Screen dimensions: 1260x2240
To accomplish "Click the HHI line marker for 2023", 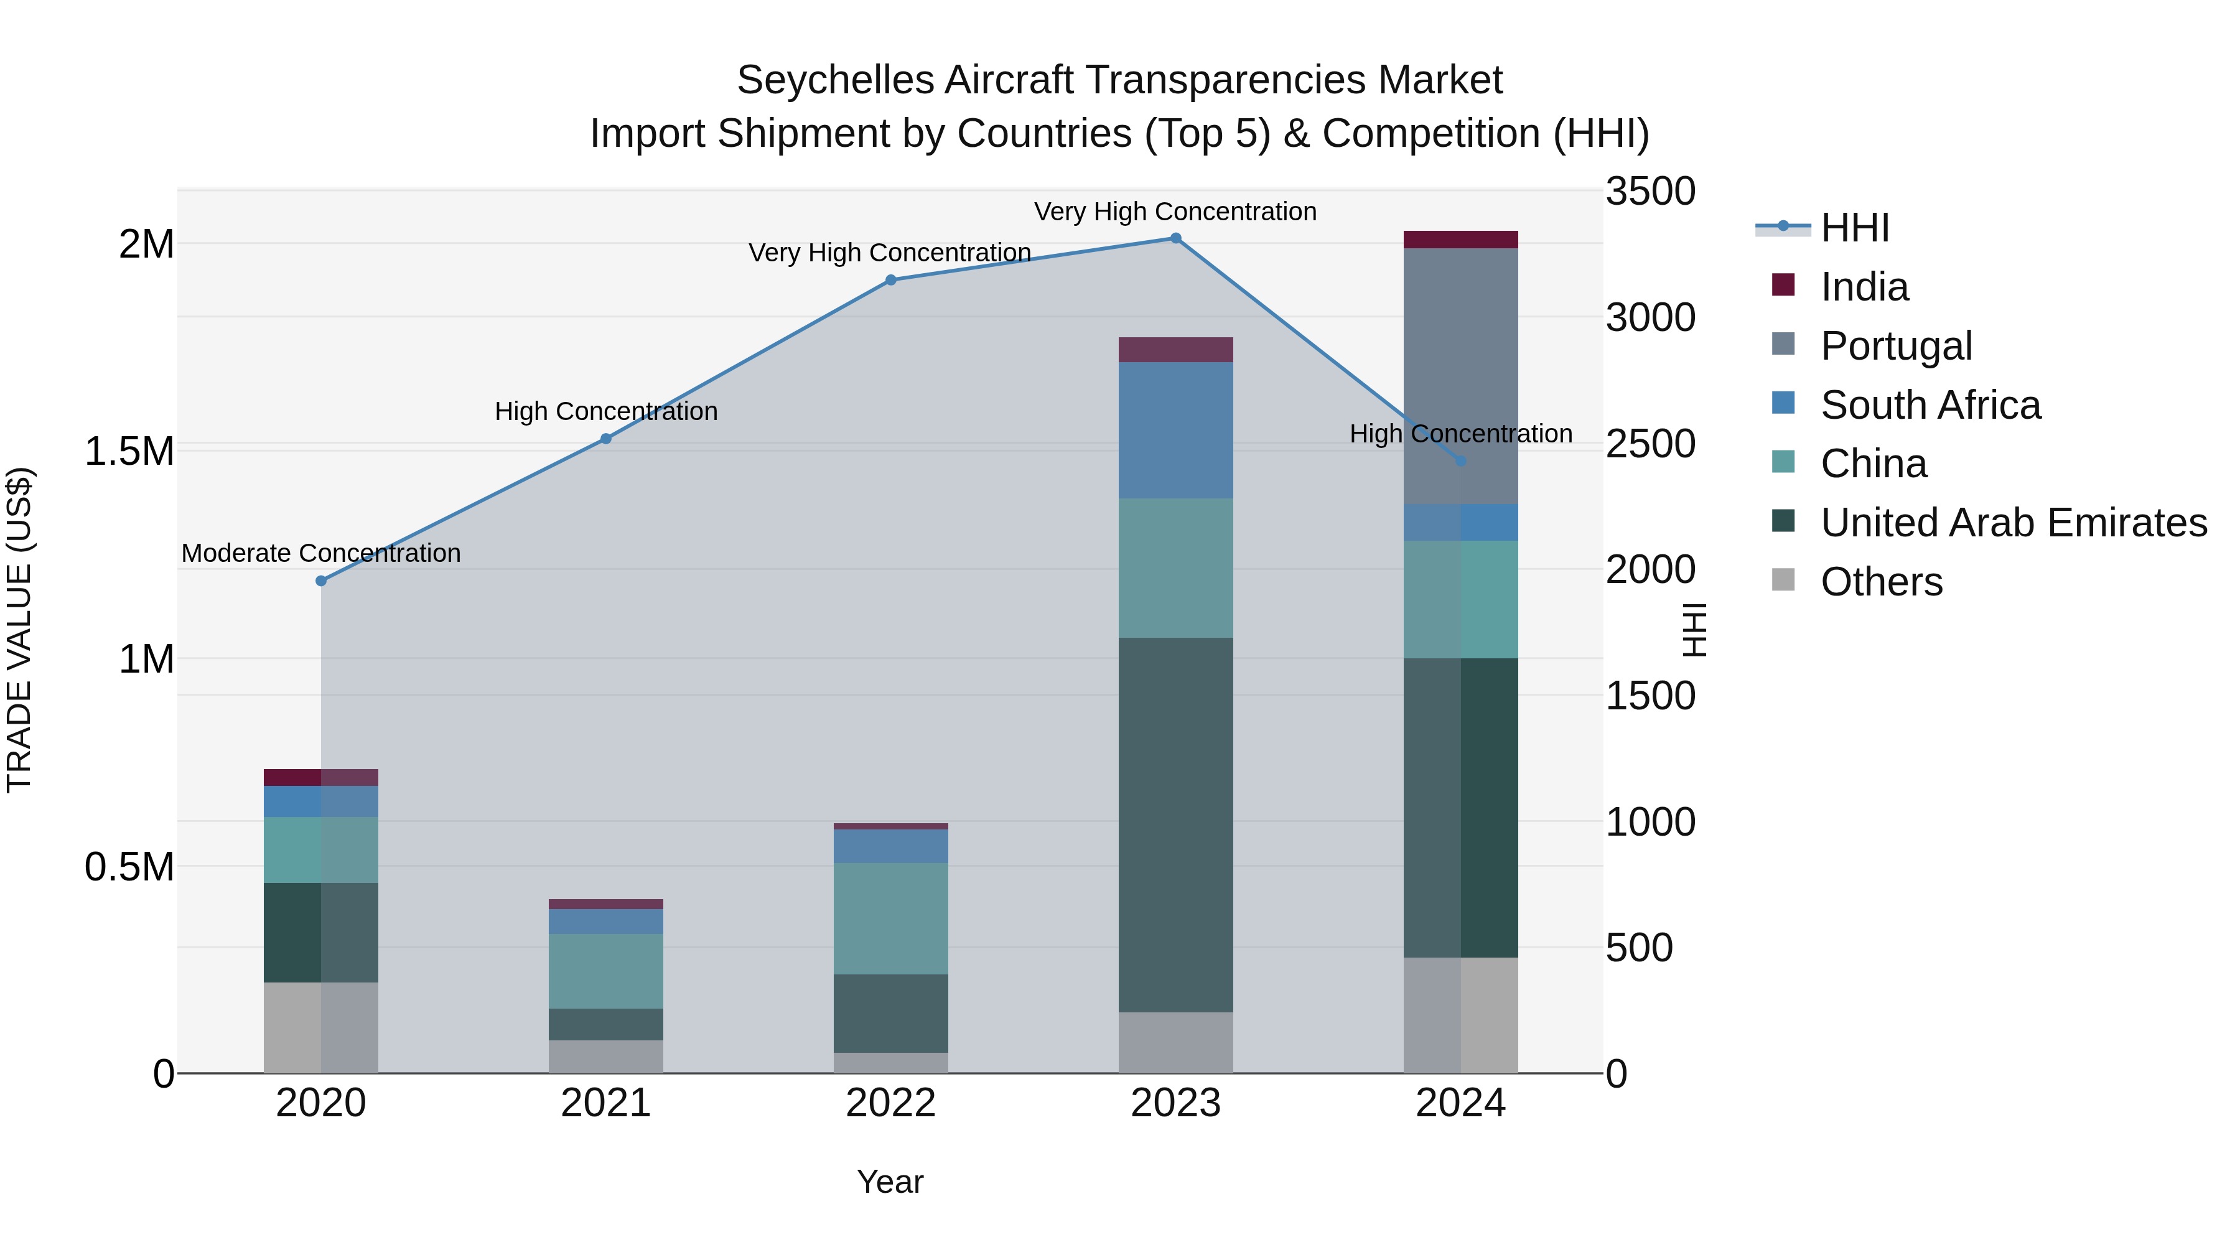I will tap(1175, 238).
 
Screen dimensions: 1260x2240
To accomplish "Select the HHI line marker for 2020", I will tap(321, 581).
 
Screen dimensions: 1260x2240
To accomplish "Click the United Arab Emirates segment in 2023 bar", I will tap(1175, 824).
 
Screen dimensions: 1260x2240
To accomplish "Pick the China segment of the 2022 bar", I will tap(890, 918).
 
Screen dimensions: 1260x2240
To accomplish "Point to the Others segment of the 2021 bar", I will tap(605, 1057).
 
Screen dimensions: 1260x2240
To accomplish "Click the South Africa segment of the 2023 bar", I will tap(1175, 429).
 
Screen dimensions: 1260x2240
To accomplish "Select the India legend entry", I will tap(1864, 287).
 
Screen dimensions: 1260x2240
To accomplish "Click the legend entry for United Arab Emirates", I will tap(2013, 523).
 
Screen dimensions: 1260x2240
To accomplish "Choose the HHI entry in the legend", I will tap(1854, 228).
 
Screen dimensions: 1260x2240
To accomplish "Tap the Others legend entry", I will tap(1881, 582).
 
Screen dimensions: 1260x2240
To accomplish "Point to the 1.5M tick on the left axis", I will tap(129, 451).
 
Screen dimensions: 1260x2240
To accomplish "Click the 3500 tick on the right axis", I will tap(1650, 191).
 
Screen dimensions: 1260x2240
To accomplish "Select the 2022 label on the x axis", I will tap(890, 1103).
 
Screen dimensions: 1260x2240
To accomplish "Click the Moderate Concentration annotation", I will tap(321, 553).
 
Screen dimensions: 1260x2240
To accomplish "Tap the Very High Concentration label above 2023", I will tap(1175, 212).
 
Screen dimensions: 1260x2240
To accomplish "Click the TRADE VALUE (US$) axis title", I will tap(19, 630).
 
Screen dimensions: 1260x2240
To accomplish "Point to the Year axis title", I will tap(890, 1182).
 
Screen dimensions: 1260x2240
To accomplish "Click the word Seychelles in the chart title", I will tap(835, 80).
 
